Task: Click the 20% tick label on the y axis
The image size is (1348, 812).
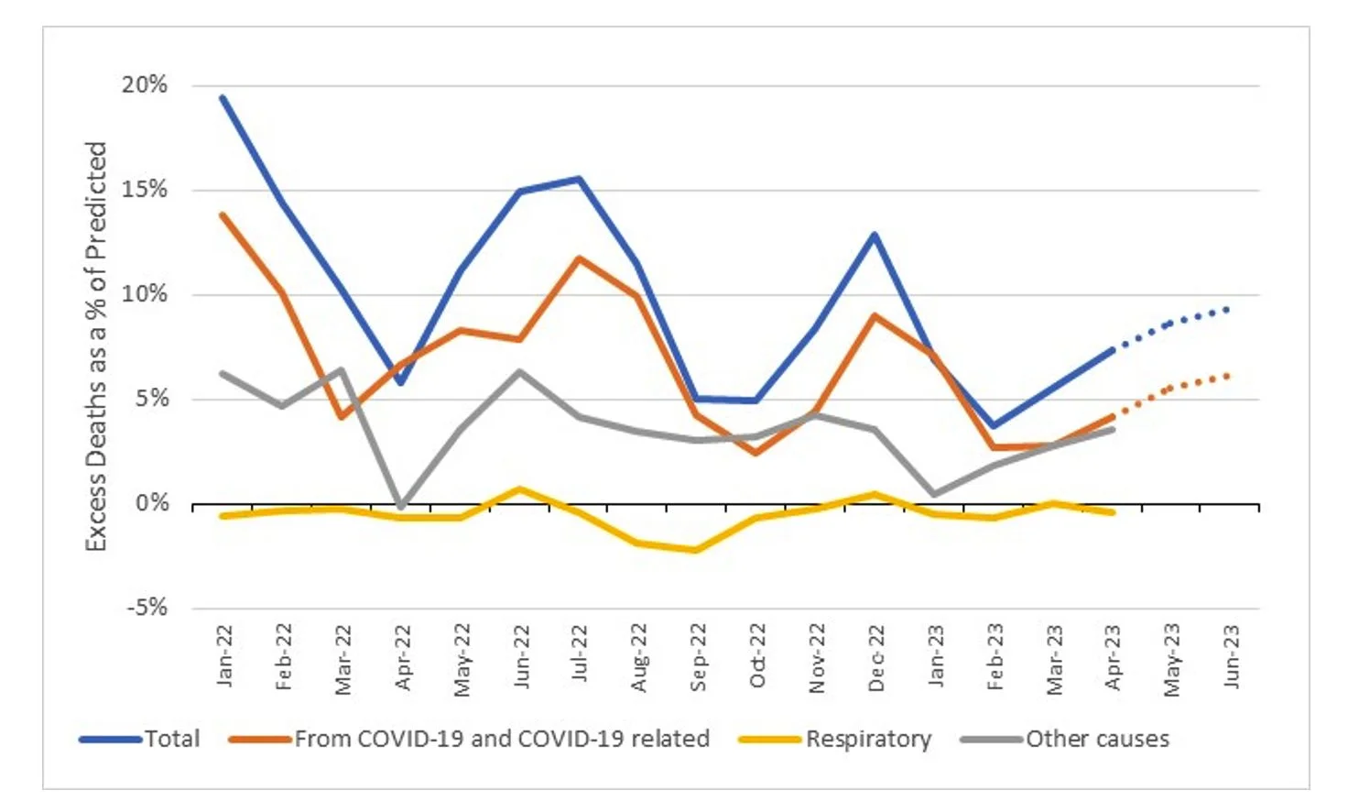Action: pyautogui.click(x=145, y=85)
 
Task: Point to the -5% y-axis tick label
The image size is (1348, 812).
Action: pyautogui.click(x=147, y=608)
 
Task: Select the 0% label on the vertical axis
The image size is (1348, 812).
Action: pyautogui.click(x=152, y=503)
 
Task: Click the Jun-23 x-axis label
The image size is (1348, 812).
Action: pyautogui.click(x=1231, y=656)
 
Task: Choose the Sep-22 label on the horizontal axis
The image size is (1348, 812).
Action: pyautogui.click(x=698, y=657)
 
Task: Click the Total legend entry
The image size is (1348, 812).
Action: pyautogui.click(x=171, y=739)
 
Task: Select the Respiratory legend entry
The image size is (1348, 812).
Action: pyautogui.click(x=867, y=739)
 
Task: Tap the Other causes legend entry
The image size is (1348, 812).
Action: pyautogui.click(x=1096, y=739)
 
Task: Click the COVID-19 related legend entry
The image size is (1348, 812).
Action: pyautogui.click(x=501, y=739)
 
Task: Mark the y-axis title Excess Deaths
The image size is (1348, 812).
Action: pyautogui.click(x=96, y=346)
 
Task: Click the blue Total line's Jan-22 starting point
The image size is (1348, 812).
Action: pyautogui.click(x=223, y=97)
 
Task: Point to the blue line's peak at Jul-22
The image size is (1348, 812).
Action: pyautogui.click(x=579, y=179)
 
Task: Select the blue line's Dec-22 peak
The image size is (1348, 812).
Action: pyautogui.click(x=875, y=235)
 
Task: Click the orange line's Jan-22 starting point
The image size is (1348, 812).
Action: pyautogui.click(x=223, y=215)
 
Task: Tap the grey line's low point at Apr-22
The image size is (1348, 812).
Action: pyautogui.click(x=401, y=506)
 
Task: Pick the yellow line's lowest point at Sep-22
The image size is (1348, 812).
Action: pyautogui.click(x=697, y=550)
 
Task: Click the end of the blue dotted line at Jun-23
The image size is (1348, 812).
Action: pyautogui.click(x=1227, y=310)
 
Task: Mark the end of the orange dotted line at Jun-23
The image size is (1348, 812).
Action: pyautogui.click(x=1227, y=376)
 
